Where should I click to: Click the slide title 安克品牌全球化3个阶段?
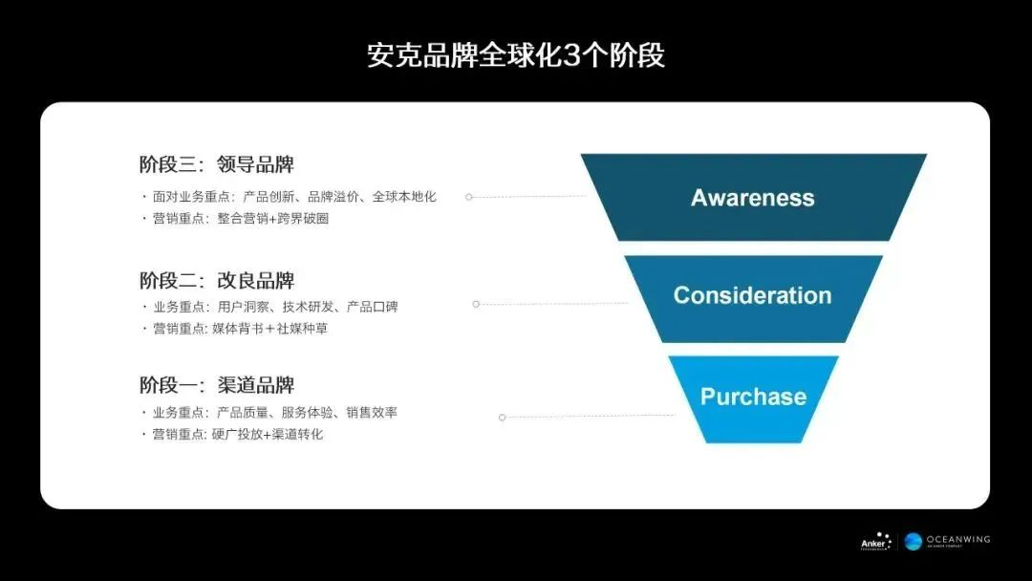[515, 55]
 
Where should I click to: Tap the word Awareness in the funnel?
[752, 198]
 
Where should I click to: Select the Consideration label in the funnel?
[752, 295]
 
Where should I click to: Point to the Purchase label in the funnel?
[753, 397]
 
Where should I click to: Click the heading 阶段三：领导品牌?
[217, 163]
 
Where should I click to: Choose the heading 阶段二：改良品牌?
[217, 280]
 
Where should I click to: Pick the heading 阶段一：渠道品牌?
[217, 384]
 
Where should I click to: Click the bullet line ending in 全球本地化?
[289, 196]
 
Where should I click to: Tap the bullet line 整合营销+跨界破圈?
[235, 218]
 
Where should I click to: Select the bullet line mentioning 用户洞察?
[269, 307]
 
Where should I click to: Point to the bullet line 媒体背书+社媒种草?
[234, 328]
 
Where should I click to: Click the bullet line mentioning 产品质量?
[269, 413]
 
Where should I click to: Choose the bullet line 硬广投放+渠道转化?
[232, 434]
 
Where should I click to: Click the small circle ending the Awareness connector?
[468, 197]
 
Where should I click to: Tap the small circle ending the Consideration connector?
[476, 304]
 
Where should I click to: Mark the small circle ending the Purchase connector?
[503, 418]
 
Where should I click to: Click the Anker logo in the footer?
[876, 542]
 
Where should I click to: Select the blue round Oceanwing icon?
[913, 542]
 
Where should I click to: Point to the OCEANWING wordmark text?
[958, 539]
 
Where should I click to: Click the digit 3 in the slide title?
[572, 56]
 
